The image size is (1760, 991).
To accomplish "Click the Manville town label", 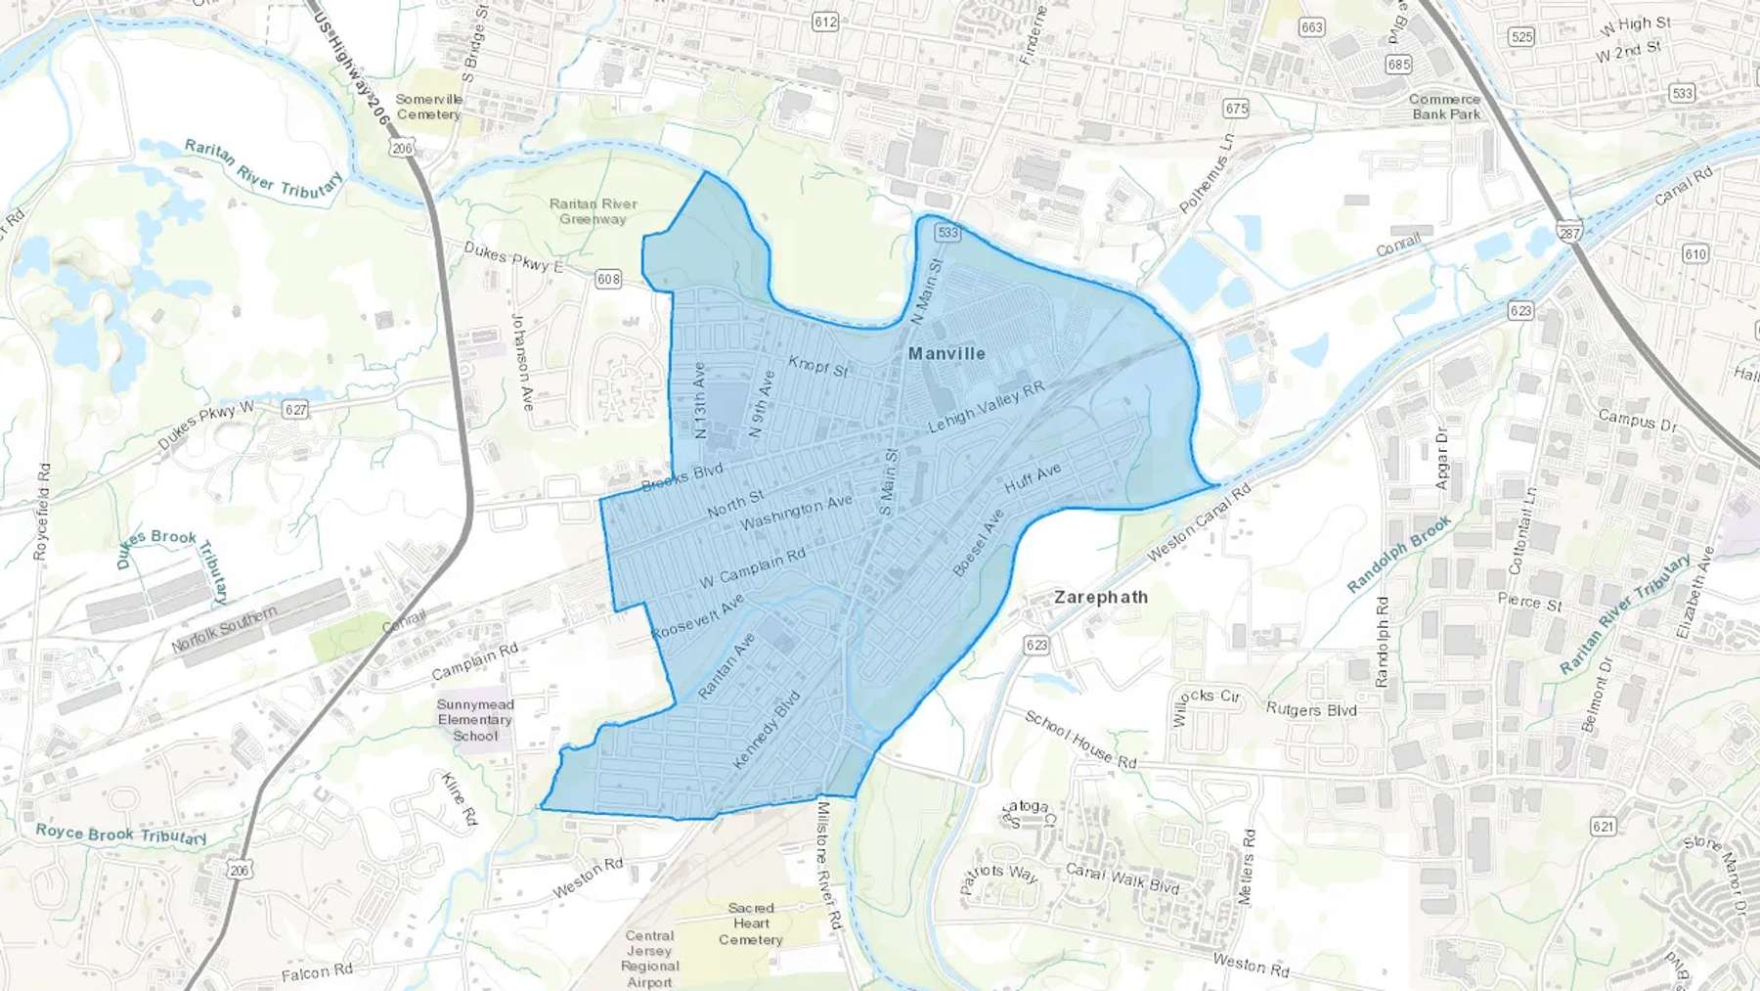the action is click(x=946, y=353).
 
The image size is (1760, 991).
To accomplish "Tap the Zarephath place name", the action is click(x=1101, y=597).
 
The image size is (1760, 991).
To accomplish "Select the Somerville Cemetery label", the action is click(x=428, y=107).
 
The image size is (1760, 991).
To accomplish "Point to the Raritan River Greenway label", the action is click(x=593, y=211).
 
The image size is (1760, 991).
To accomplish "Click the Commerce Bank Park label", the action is click(x=1445, y=107).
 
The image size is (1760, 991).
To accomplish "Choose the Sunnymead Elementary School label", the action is click(x=475, y=720).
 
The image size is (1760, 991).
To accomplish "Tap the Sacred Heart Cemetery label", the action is click(x=751, y=923).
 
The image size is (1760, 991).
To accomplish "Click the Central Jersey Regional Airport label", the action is click(x=649, y=959).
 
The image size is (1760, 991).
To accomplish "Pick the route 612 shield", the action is click(x=825, y=22).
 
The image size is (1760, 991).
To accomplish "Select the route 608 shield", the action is click(x=608, y=279).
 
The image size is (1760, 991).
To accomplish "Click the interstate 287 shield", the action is click(x=1570, y=233).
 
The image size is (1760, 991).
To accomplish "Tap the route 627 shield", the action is click(x=295, y=409).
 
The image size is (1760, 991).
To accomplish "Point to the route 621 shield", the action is click(x=1603, y=827).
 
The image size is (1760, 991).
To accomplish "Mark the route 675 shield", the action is click(x=1236, y=109).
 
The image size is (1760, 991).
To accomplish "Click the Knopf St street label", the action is click(x=818, y=366).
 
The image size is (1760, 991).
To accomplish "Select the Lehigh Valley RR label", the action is click(x=987, y=407).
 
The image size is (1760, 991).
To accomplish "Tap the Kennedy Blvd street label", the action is click(x=766, y=730).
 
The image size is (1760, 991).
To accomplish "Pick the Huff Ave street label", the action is click(x=1033, y=478).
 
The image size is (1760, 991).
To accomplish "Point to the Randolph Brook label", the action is click(x=1399, y=555).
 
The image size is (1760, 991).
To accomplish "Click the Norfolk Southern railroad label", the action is click(x=224, y=630).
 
